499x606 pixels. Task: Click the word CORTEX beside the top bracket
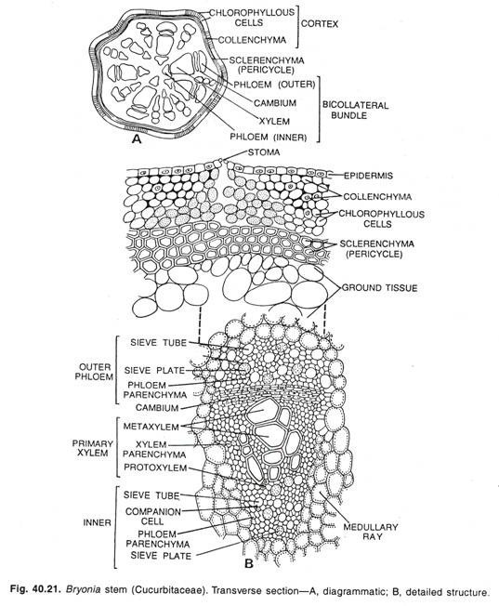point(320,24)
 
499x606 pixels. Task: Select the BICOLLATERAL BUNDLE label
point(355,111)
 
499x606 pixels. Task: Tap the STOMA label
point(264,152)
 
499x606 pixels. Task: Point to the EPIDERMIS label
point(368,176)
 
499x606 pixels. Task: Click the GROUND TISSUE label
point(379,288)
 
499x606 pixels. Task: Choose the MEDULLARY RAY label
point(370,532)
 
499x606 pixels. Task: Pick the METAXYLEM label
point(151,427)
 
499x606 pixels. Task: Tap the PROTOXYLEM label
point(155,468)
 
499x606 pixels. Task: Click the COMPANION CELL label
point(153,517)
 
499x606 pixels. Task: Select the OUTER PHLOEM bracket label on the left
point(94,372)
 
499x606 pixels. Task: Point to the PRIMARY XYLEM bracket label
point(93,448)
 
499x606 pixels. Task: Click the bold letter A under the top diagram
point(137,138)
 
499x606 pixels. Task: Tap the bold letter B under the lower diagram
point(249,564)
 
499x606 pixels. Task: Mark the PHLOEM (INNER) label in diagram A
point(269,137)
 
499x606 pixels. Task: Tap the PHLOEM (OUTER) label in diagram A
point(274,84)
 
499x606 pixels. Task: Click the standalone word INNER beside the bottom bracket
point(97,523)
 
